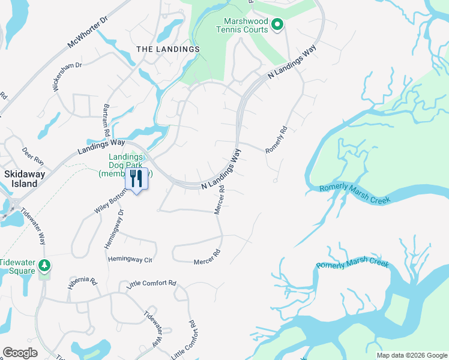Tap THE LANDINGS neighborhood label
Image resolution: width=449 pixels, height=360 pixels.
click(x=167, y=49)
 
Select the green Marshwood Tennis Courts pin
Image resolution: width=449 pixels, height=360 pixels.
click(x=277, y=25)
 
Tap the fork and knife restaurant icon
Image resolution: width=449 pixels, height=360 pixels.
click(x=136, y=178)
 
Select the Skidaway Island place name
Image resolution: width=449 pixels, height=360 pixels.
click(x=21, y=178)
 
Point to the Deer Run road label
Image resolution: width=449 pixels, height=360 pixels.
click(x=34, y=157)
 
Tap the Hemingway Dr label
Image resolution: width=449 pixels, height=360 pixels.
click(x=115, y=228)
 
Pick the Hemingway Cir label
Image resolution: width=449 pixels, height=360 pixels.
click(x=130, y=260)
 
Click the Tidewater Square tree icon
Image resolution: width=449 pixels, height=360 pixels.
click(x=44, y=265)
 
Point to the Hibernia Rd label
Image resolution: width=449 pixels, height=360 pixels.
click(x=82, y=281)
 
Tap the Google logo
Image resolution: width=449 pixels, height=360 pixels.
click(x=20, y=353)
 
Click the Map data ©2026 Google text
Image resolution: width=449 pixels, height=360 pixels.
click(x=411, y=355)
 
